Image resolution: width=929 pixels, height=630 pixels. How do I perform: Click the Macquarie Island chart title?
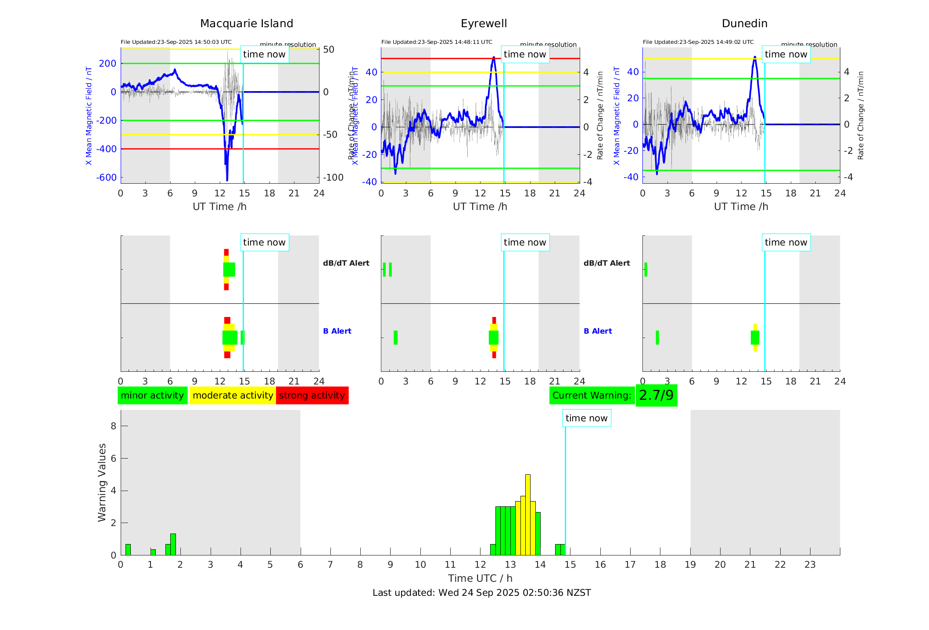click(246, 24)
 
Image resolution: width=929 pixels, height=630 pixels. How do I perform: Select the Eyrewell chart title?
click(484, 24)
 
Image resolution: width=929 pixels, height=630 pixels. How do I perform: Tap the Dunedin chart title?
click(744, 24)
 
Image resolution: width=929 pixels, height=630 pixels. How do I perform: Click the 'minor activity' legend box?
click(152, 395)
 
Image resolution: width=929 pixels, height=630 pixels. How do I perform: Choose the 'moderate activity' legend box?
click(233, 395)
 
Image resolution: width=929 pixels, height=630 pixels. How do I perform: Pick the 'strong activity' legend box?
click(312, 395)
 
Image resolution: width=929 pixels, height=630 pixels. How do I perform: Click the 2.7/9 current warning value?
click(656, 395)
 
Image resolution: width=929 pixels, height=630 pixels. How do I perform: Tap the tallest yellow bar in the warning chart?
click(527, 513)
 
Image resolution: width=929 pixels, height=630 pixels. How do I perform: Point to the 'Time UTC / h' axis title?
click(480, 578)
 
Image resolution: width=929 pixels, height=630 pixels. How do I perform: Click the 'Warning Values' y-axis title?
click(102, 482)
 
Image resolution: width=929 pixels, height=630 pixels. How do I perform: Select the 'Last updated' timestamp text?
click(481, 593)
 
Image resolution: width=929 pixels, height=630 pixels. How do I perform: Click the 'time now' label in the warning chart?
click(586, 418)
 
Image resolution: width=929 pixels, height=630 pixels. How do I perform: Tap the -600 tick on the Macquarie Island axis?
click(106, 178)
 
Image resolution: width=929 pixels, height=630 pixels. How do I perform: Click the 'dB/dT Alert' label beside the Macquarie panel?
click(346, 263)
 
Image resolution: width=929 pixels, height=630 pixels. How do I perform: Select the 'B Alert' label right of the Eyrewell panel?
click(598, 331)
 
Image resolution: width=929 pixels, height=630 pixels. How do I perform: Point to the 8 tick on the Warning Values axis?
click(113, 426)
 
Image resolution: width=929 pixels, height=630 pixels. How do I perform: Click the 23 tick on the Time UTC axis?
click(810, 565)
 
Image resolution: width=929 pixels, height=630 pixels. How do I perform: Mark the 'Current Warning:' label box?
click(592, 395)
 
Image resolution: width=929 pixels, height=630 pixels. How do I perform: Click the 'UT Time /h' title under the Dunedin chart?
click(741, 206)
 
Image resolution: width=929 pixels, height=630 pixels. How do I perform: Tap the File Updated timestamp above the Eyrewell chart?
click(437, 42)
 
